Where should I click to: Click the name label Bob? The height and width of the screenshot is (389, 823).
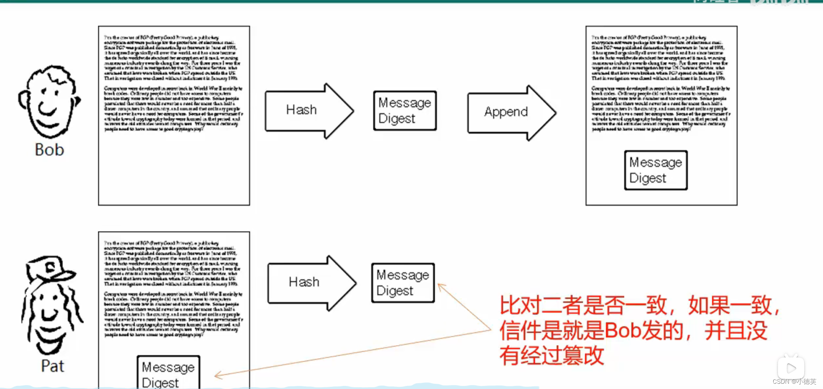49,150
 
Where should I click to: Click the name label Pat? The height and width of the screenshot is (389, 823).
52,366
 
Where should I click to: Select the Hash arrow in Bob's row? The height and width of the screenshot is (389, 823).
308,110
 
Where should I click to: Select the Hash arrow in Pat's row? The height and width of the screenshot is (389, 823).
311,282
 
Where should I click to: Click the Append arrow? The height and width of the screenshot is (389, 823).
511,113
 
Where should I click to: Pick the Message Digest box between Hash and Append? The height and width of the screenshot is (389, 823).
405,110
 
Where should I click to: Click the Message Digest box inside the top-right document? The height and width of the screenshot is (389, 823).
655,170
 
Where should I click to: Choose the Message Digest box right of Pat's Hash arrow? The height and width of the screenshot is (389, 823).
403,282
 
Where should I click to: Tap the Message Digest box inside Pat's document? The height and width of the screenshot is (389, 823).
168,373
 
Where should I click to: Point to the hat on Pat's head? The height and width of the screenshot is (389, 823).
49,268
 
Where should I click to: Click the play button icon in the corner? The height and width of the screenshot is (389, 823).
791,368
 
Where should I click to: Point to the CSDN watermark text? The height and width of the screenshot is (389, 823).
794,382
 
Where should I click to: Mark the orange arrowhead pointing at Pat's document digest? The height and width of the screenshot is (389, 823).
217,375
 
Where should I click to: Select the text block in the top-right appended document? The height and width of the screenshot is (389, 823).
660,83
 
